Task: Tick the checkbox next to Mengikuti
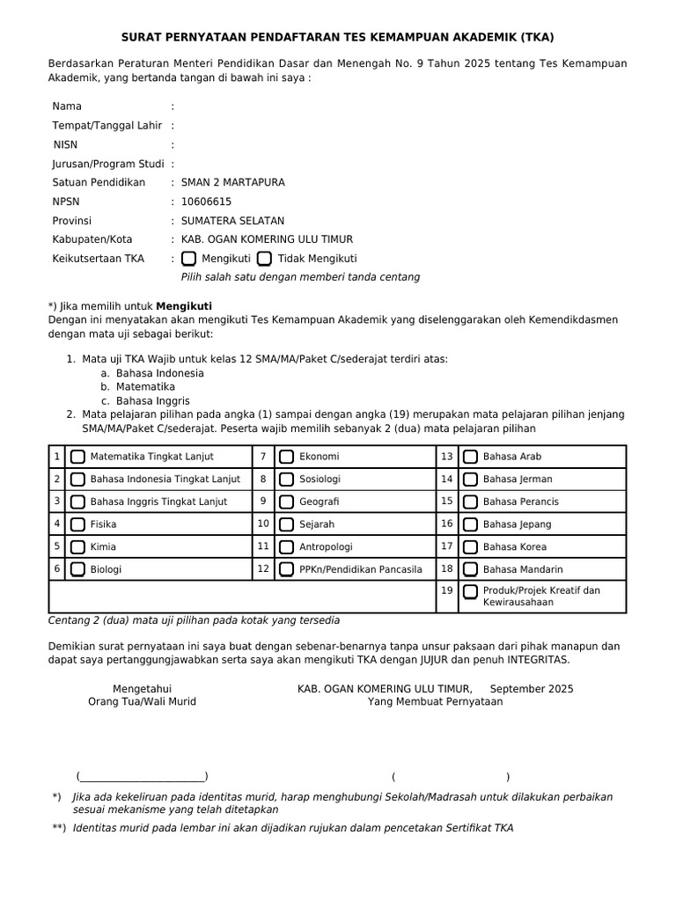pos(189,259)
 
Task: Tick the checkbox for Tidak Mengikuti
pos(264,259)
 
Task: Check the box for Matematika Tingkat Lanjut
pos(78,457)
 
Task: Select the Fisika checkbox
pos(78,524)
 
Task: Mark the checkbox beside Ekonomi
pos(287,457)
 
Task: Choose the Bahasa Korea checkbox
pos(471,547)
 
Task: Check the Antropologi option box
pos(287,547)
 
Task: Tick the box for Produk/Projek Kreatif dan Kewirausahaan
pos(471,591)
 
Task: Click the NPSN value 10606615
pos(206,201)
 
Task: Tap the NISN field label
pos(65,144)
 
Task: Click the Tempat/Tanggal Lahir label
pos(107,126)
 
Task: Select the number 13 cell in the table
pos(447,457)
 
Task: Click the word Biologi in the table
pos(107,569)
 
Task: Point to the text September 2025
pos(531,689)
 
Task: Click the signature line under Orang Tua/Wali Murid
pos(142,776)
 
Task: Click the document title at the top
pos(337,37)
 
